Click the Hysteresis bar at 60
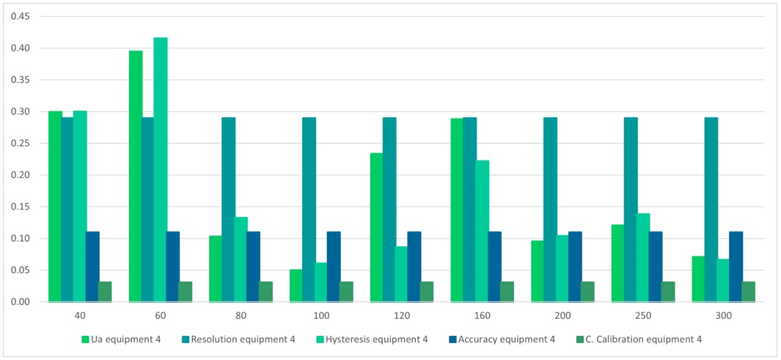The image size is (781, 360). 161,169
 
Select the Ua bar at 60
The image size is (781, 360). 136,176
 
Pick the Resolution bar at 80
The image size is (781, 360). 229,210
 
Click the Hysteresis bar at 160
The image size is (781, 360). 482,231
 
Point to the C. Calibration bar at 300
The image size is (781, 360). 748,292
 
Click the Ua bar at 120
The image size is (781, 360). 377,227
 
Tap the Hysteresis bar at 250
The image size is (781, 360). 643,257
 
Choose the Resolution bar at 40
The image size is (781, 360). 67,210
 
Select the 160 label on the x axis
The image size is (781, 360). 482,315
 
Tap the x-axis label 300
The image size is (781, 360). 723,315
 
